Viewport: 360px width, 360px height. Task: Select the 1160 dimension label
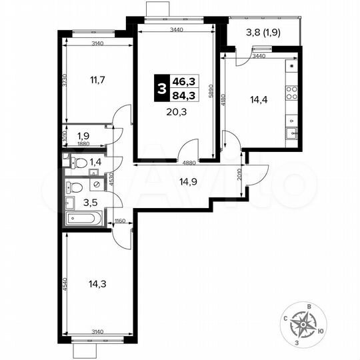point(120,221)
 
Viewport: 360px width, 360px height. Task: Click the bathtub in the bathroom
point(83,219)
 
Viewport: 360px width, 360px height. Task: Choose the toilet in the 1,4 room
point(78,162)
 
